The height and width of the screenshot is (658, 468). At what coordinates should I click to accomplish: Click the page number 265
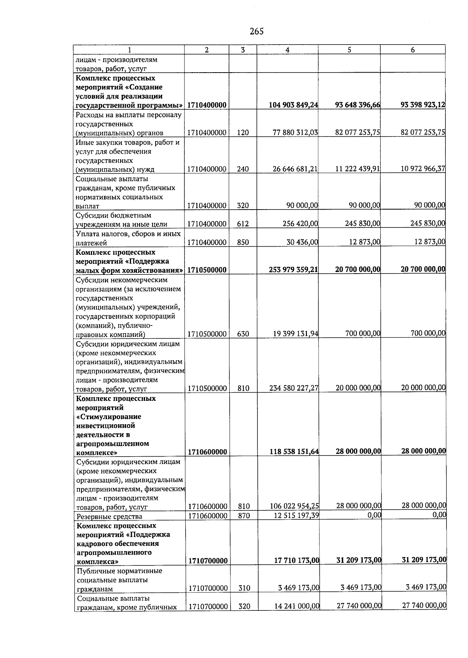tap(256, 32)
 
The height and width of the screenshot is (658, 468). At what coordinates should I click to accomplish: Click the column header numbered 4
tap(287, 50)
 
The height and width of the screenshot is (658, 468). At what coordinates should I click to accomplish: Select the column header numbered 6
tap(413, 50)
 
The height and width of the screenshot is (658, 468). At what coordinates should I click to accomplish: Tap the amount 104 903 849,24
tap(293, 105)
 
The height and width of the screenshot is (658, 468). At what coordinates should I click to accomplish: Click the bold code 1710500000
tap(207, 270)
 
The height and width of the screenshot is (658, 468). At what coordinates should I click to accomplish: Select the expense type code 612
tap(243, 224)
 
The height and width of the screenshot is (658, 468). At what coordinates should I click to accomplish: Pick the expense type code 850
tap(243, 242)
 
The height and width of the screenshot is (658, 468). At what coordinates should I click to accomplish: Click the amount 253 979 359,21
tap(293, 269)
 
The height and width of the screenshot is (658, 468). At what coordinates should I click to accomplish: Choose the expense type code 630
tap(243, 334)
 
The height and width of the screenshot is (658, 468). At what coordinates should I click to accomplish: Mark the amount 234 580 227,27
tap(294, 388)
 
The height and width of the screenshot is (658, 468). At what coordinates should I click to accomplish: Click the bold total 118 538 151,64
tap(294, 452)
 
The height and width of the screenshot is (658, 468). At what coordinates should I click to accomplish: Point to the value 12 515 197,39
tap(294, 516)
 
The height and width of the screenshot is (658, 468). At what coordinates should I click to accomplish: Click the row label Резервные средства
tap(110, 517)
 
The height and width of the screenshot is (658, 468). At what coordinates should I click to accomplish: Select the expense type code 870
tap(244, 516)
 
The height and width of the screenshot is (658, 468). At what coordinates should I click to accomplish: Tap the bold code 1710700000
tap(207, 561)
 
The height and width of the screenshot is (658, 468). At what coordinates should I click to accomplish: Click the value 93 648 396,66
tap(358, 105)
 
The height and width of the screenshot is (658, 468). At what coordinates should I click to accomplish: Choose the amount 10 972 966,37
tap(423, 169)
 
